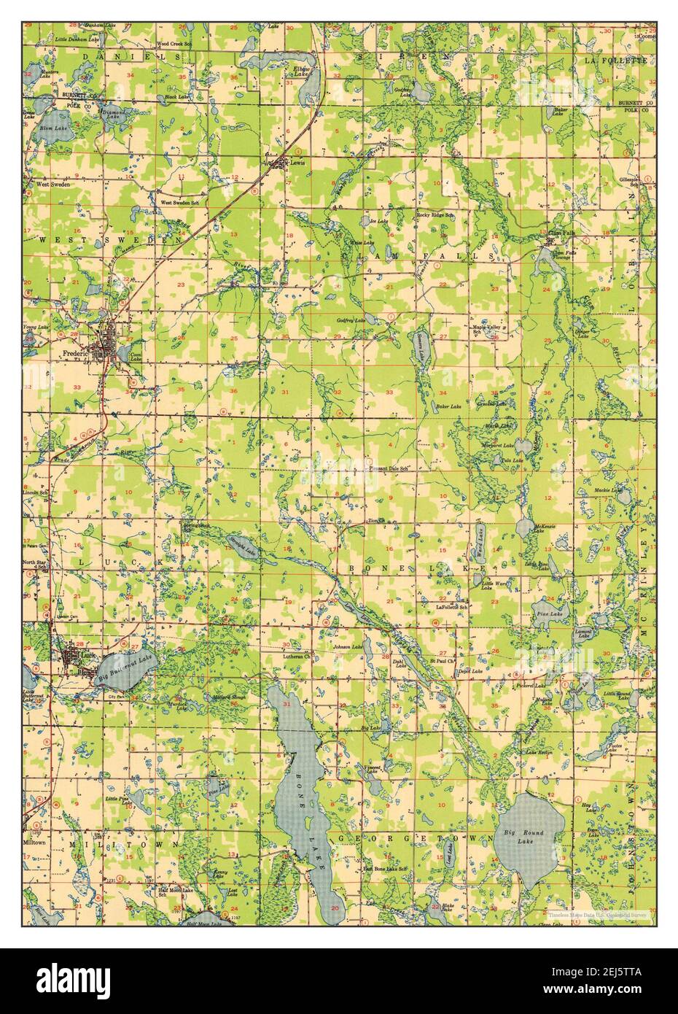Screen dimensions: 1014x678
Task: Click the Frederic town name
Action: click(75, 354)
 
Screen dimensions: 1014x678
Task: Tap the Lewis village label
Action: click(297, 163)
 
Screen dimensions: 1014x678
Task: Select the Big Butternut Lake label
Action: click(126, 669)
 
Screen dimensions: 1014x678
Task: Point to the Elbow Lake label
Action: click(302, 72)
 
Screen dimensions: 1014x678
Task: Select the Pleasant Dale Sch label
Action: click(387, 468)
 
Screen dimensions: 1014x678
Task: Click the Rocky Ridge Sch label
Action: click(435, 216)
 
